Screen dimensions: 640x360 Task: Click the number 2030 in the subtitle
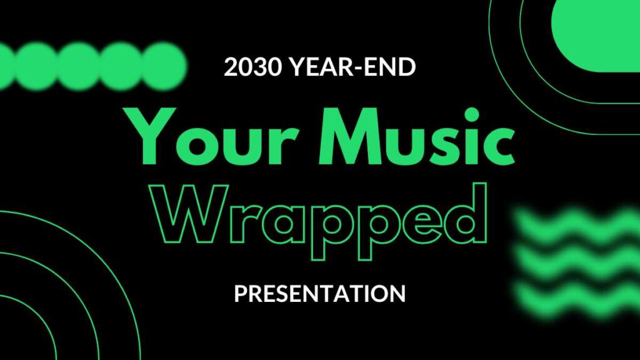252,67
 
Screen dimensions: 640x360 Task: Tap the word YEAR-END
352,67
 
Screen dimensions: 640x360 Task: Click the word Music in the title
417,136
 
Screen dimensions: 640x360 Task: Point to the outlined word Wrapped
319,221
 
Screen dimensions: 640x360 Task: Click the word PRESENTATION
320,294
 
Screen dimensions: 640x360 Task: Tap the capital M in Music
353,136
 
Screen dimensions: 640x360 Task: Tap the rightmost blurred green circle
163,66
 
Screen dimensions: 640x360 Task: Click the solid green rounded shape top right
596,36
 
